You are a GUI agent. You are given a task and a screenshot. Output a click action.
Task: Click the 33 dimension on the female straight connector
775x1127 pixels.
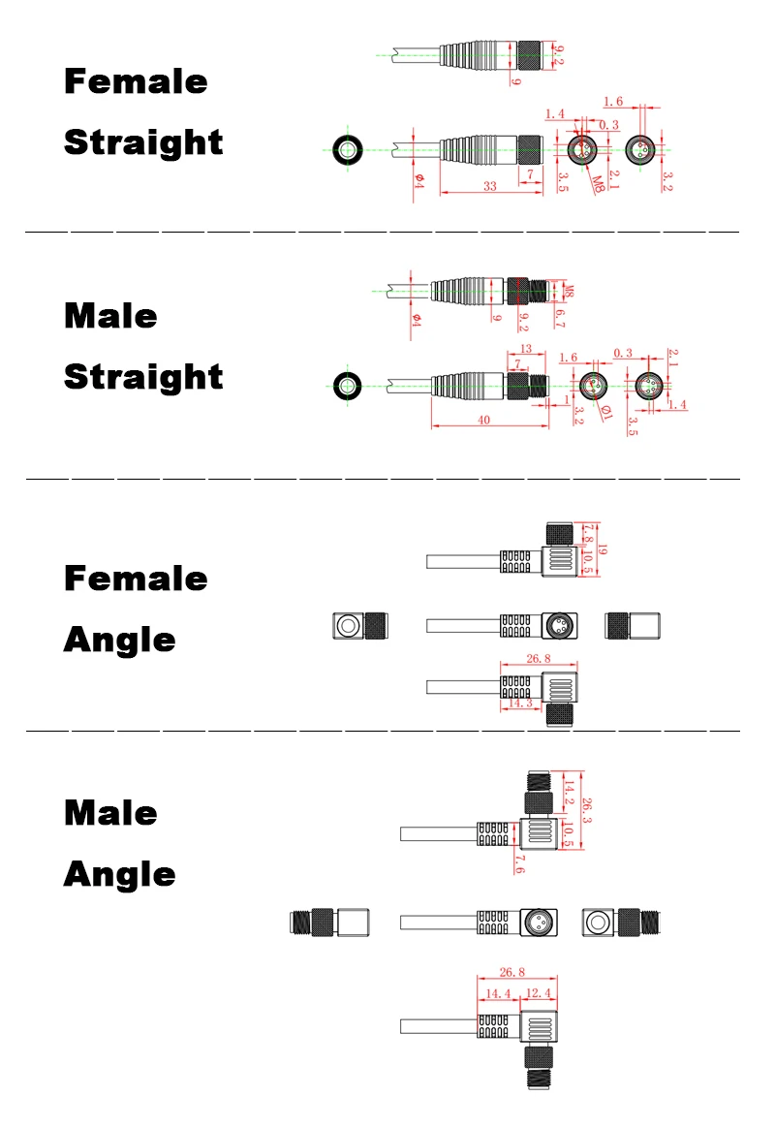489,187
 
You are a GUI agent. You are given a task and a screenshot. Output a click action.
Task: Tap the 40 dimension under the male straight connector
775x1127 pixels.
484,420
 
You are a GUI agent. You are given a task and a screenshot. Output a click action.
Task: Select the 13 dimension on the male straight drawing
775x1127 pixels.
526,349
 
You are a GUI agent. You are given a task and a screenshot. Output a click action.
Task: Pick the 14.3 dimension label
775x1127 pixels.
520,703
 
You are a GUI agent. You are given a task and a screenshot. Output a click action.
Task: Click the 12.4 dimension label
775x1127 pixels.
538,993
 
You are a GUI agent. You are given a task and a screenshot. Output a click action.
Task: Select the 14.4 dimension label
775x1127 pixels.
498,993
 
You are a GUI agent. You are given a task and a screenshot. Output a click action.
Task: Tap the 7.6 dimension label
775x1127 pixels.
520,865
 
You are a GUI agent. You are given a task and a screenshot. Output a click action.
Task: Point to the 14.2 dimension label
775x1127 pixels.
568,793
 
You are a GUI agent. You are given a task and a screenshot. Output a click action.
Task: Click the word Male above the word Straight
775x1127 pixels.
110,316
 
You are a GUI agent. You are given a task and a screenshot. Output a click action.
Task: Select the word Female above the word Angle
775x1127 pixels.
136,579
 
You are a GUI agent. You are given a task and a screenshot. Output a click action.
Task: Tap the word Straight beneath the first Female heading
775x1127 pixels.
143,142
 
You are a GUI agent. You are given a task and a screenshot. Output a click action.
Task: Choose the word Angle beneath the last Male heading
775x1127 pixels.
120,874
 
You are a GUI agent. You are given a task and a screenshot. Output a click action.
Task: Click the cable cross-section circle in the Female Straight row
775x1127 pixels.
348,150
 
